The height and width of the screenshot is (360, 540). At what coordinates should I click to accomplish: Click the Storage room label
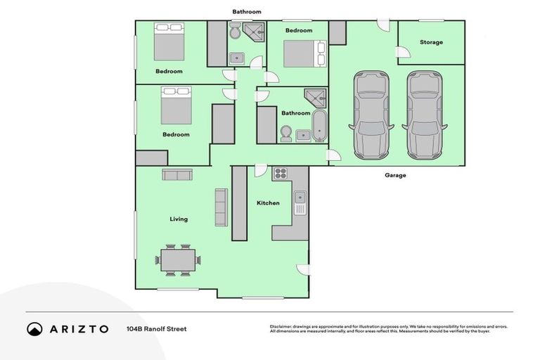pos(431,42)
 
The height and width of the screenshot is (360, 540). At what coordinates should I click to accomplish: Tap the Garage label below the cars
pos(395,175)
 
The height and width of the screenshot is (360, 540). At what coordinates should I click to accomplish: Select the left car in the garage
pos(371,115)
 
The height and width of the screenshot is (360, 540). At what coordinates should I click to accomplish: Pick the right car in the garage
pos(424,115)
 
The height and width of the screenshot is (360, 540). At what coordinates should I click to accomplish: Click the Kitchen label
pos(268,203)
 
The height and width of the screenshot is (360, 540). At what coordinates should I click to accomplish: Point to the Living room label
pos(179,219)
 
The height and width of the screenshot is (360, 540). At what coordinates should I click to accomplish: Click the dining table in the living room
pos(178,260)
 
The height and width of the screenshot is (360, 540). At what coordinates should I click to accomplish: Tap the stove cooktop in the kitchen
pos(281,174)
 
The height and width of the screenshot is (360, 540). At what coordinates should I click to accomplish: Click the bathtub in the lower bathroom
pos(320,125)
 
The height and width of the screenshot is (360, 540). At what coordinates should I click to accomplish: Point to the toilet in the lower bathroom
pos(286,133)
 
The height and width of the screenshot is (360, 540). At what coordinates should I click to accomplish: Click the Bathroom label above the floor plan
pos(247,12)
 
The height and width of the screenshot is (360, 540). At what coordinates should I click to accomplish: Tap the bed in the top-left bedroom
pos(169,41)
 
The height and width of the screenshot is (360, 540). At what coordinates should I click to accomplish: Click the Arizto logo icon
pos(34,329)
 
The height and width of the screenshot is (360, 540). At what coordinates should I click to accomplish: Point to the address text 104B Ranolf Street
pos(156,329)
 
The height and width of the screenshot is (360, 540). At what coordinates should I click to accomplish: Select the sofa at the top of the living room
pos(178,174)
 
